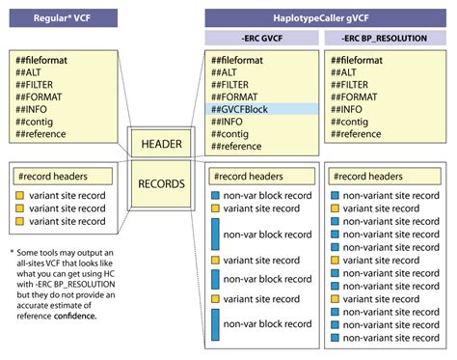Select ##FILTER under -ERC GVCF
(x=238, y=84)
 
